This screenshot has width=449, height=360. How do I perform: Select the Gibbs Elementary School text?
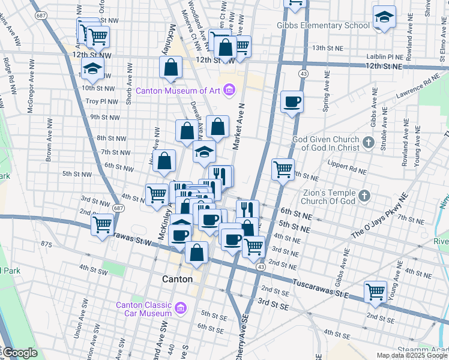(x=323, y=26)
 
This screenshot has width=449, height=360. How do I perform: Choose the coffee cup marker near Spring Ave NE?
(x=292, y=101)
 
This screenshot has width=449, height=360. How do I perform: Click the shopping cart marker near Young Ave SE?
(x=376, y=292)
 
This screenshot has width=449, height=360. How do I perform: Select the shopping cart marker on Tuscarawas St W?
(x=103, y=225)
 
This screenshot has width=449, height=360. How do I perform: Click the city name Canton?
(x=178, y=280)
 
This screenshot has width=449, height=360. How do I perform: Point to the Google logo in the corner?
(x=20, y=353)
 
